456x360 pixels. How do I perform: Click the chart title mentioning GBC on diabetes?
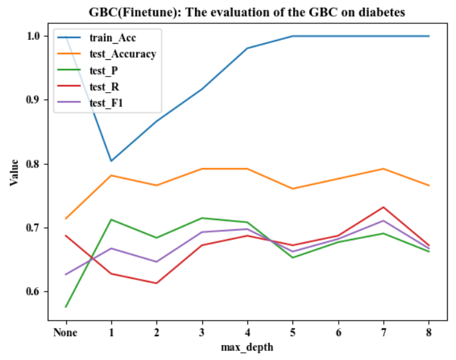pyautogui.click(x=247, y=12)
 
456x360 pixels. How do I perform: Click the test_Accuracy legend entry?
pyautogui.click(x=122, y=54)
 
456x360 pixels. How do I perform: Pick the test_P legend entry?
pyautogui.click(x=104, y=70)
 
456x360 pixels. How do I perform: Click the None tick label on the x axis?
pyautogui.click(x=66, y=333)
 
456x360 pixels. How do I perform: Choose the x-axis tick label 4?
pyautogui.click(x=247, y=333)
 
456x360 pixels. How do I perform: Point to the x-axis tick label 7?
pyautogui.click(x=384, y=333)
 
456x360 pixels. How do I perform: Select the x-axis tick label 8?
pyautogui.click(x=429, y=333)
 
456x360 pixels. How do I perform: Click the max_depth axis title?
pyautogui.click(x=247, y=348)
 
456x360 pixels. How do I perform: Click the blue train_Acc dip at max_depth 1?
pyautogui.click(x=111, y=160)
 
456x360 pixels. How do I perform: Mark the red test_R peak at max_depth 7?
pyautogui.click(x=384, y=207)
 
